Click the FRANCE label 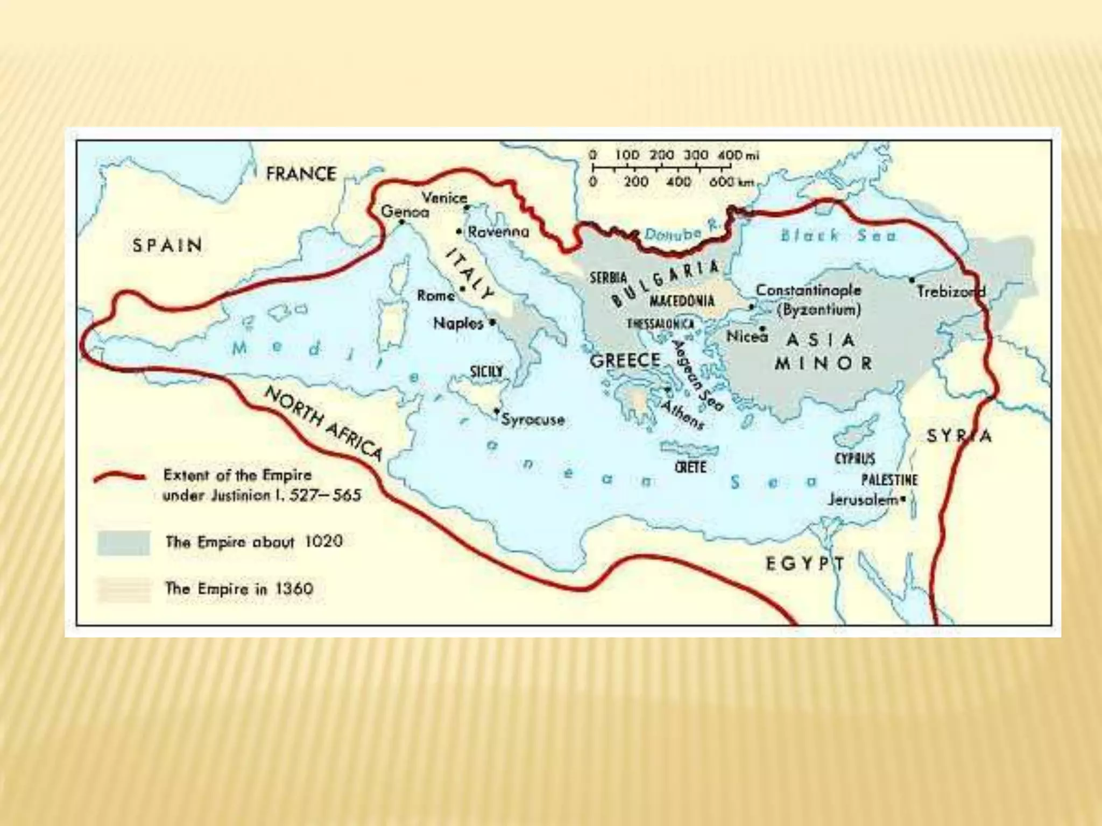pos(301,174)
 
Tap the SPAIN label pos(167,245)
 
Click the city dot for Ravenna pos(459,232)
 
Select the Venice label pos(444,197)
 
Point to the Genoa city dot pos(401,222)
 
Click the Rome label pos(435,296)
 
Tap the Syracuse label pos(533,419)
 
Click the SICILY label pos(486,372)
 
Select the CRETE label pos(690,467)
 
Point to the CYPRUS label pos(854,459)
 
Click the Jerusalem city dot pos(903,500)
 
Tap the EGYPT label pos(805,564)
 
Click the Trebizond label pos(951,292)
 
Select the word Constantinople pos(808,290)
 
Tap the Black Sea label pos(838,235)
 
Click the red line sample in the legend pos(119,478)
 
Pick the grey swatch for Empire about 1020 pos(123,542)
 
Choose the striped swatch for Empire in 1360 pos(123,589)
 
